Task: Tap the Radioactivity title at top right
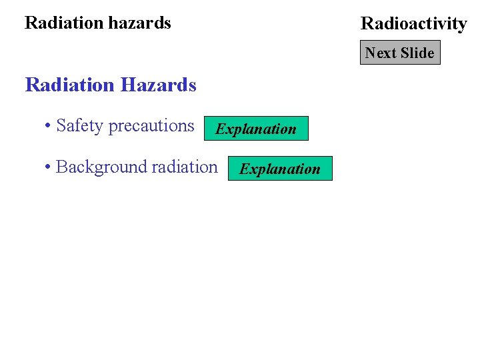413,24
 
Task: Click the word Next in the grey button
380,53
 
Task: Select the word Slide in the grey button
417,53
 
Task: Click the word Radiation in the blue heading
69,85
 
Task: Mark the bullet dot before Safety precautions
48,127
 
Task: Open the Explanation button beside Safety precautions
256,129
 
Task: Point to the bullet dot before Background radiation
48,167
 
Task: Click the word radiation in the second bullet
185,167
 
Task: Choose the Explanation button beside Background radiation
280,169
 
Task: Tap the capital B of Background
61,167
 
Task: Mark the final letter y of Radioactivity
462,25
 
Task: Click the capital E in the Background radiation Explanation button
244,169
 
